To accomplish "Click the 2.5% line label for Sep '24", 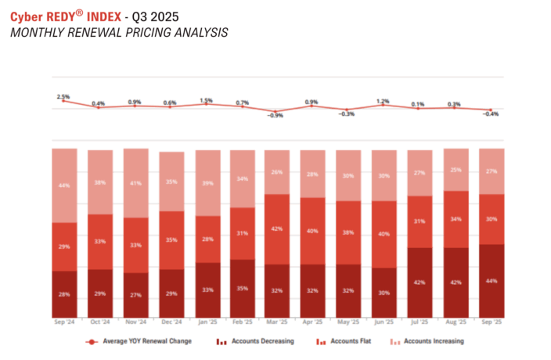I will tap(63, 97).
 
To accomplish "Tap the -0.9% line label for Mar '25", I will tap(276, 116).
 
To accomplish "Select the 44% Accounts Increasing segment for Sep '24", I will tap(64, 185).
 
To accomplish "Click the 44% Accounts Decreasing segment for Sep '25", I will tap(491, 280).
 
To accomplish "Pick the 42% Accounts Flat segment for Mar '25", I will tap(277, 229).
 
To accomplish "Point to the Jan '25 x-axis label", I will tap(206, 322).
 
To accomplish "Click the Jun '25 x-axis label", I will tap(384, 322).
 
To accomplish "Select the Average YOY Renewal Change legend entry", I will tap(143, 341).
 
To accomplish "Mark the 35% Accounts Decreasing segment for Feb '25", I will tap(242, 288).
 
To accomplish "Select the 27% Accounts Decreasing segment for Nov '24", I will tap(135, 295).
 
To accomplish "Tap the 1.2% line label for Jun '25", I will tap(383, 101).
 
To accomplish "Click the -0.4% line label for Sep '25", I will tap(491, 114).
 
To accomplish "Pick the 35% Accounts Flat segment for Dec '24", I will tap(171, 240).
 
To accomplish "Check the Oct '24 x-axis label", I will tap(99, 322).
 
